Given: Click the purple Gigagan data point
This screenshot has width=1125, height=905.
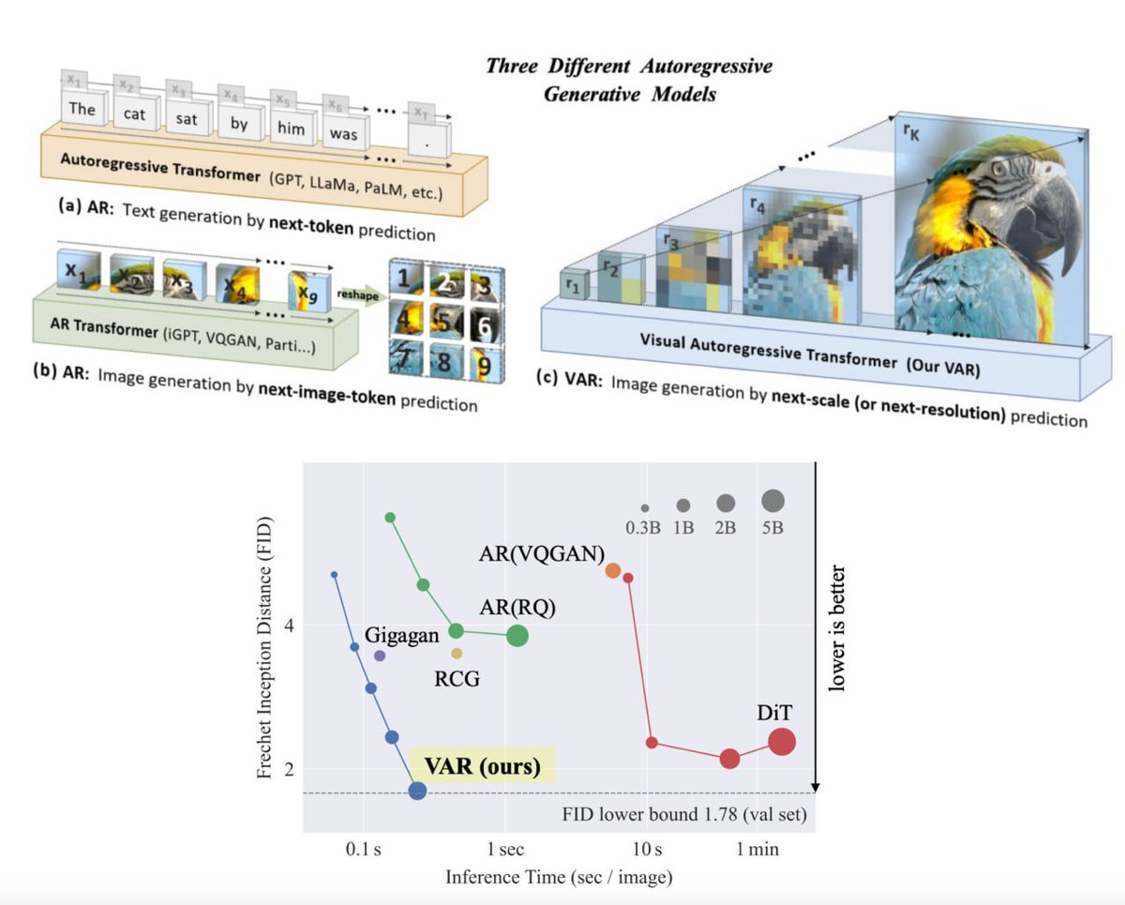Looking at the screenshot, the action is [x=380, y=656].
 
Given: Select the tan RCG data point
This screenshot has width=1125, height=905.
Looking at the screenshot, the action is [x=457, y=653].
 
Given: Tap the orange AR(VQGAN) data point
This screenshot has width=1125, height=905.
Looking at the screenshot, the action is [x=613, y=570].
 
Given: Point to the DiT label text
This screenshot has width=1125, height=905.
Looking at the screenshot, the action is [x=772, y=714].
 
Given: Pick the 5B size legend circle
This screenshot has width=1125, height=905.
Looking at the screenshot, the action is [x=772, y=500].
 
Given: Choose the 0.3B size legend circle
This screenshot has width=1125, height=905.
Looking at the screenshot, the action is [x=645, y=507].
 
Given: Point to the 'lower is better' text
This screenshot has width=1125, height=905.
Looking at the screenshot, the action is [x=839, y=628].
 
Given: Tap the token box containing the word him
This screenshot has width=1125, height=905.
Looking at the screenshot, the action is [x=292, y=128].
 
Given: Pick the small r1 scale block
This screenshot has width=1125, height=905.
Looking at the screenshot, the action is [x=571, y=286].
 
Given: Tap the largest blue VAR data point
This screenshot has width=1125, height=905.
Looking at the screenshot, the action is [x=417, y=791].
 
